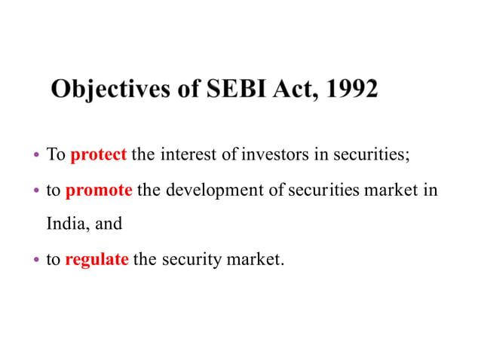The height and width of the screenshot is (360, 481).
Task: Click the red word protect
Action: [x=98, y=156]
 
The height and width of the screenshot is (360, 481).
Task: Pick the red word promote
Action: [x=99, y=190]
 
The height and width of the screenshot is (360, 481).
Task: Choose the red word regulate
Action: [x=97, y=261]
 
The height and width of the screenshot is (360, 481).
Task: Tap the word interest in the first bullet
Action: [x=195, y=156]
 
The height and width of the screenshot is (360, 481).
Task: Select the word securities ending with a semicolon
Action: [x=370, y=156]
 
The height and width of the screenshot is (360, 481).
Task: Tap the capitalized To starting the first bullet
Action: [x=57, y=156]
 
